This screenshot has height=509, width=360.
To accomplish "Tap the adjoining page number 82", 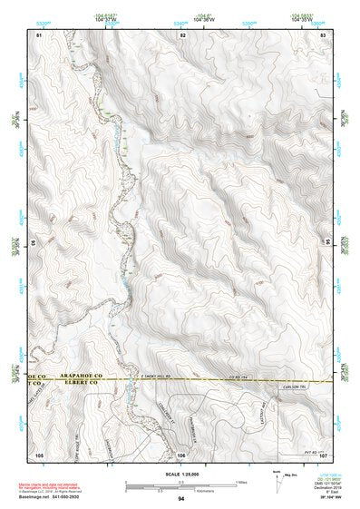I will (x=182, y=34).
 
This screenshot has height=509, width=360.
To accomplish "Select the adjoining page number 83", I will (x=324, y=34).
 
